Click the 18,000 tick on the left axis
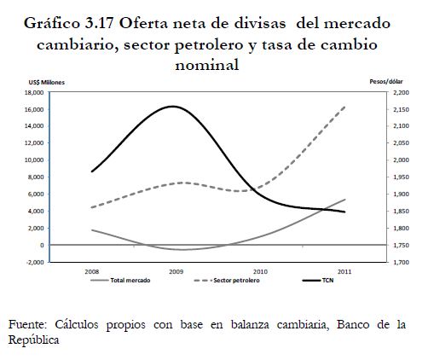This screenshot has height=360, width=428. [x=34, y=93]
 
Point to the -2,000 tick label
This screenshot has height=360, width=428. [x=35, y=262]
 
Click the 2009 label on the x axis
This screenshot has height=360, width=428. [x=176, y=271]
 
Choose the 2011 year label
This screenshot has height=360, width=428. [x=344, y=271]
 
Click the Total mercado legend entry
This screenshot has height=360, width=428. [x=120, y=281]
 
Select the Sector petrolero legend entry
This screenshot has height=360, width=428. [x=227, y=281]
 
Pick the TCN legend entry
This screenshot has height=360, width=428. [x=318, y=281]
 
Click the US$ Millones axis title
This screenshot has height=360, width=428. [x=47, y=83]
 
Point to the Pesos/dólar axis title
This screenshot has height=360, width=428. [x=386, y=82]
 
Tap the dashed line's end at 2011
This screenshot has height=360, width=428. [x=344, y=107]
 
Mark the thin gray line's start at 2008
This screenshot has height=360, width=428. [x=92, y=229]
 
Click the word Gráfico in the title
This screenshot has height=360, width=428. [x=52, y=23]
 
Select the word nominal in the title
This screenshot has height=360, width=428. [x=207, y=65]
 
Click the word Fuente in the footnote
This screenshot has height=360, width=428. [x=27, y=324]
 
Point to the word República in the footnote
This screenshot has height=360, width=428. [x=33, y=340]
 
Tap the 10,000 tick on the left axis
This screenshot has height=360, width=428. [x=34, y=160]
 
